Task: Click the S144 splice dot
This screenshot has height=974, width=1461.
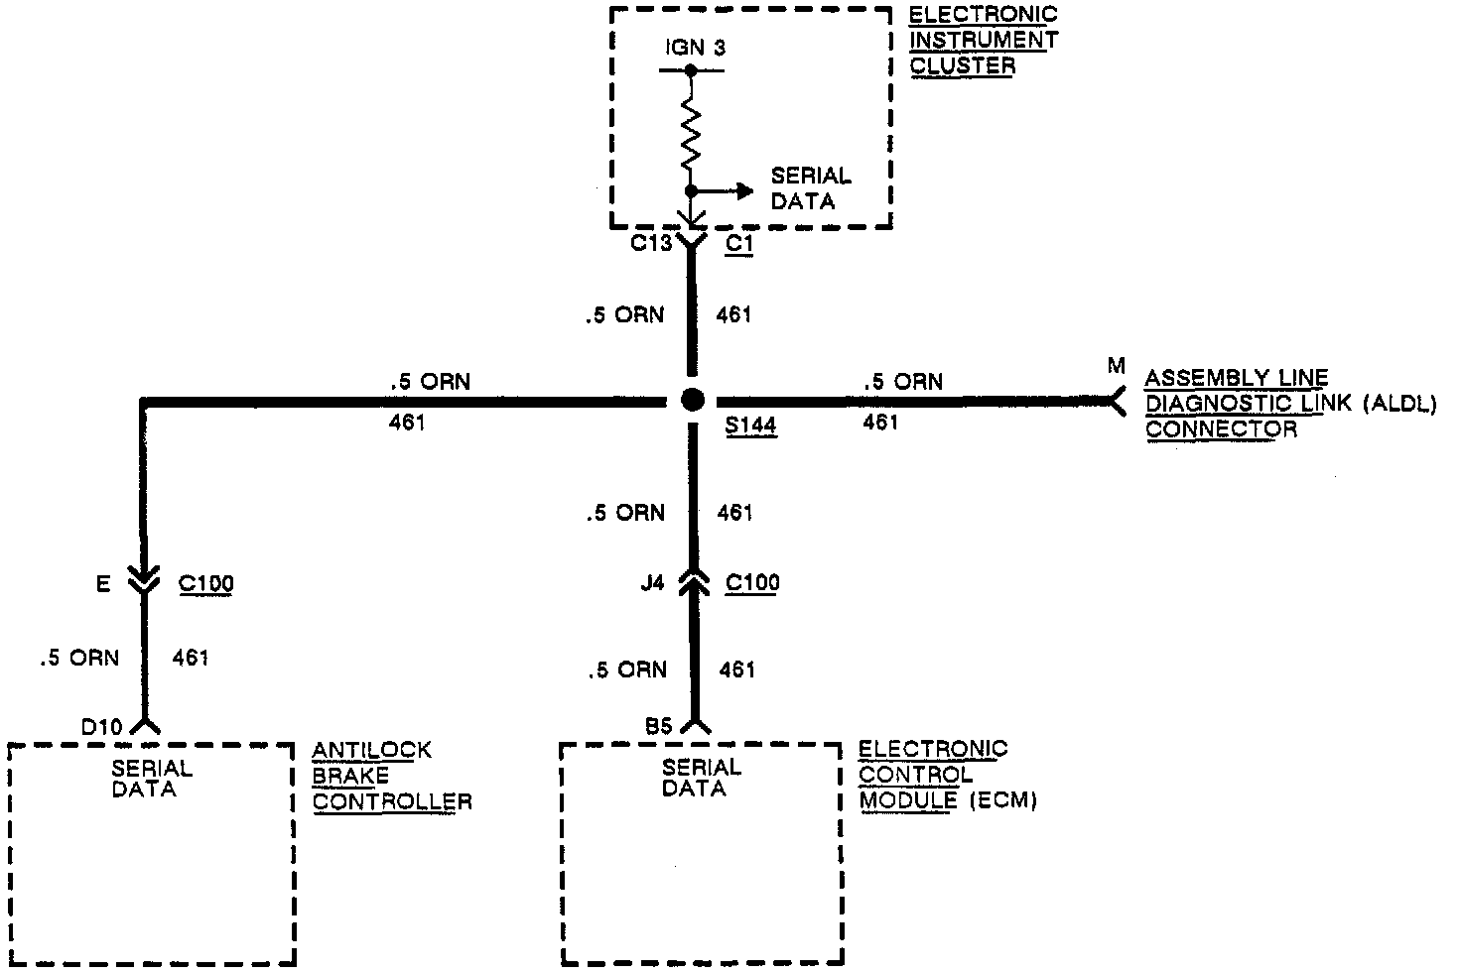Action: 693,400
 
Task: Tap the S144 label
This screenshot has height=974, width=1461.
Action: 750,426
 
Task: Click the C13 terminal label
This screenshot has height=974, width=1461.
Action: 651,242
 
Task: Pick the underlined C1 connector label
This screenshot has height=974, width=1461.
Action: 739,243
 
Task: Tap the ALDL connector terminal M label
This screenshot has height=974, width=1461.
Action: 1117,367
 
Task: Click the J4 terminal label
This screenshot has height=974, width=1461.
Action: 652,583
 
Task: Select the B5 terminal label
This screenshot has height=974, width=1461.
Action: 658,727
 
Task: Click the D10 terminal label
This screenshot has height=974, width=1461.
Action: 102,728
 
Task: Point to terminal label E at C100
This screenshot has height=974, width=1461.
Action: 103,585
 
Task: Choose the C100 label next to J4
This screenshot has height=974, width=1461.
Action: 752,583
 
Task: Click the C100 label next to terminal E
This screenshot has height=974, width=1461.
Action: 206,583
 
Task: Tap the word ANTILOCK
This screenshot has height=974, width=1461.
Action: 372,751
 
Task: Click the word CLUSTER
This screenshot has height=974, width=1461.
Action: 963,66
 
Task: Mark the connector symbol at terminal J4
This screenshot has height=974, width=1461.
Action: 693,584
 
